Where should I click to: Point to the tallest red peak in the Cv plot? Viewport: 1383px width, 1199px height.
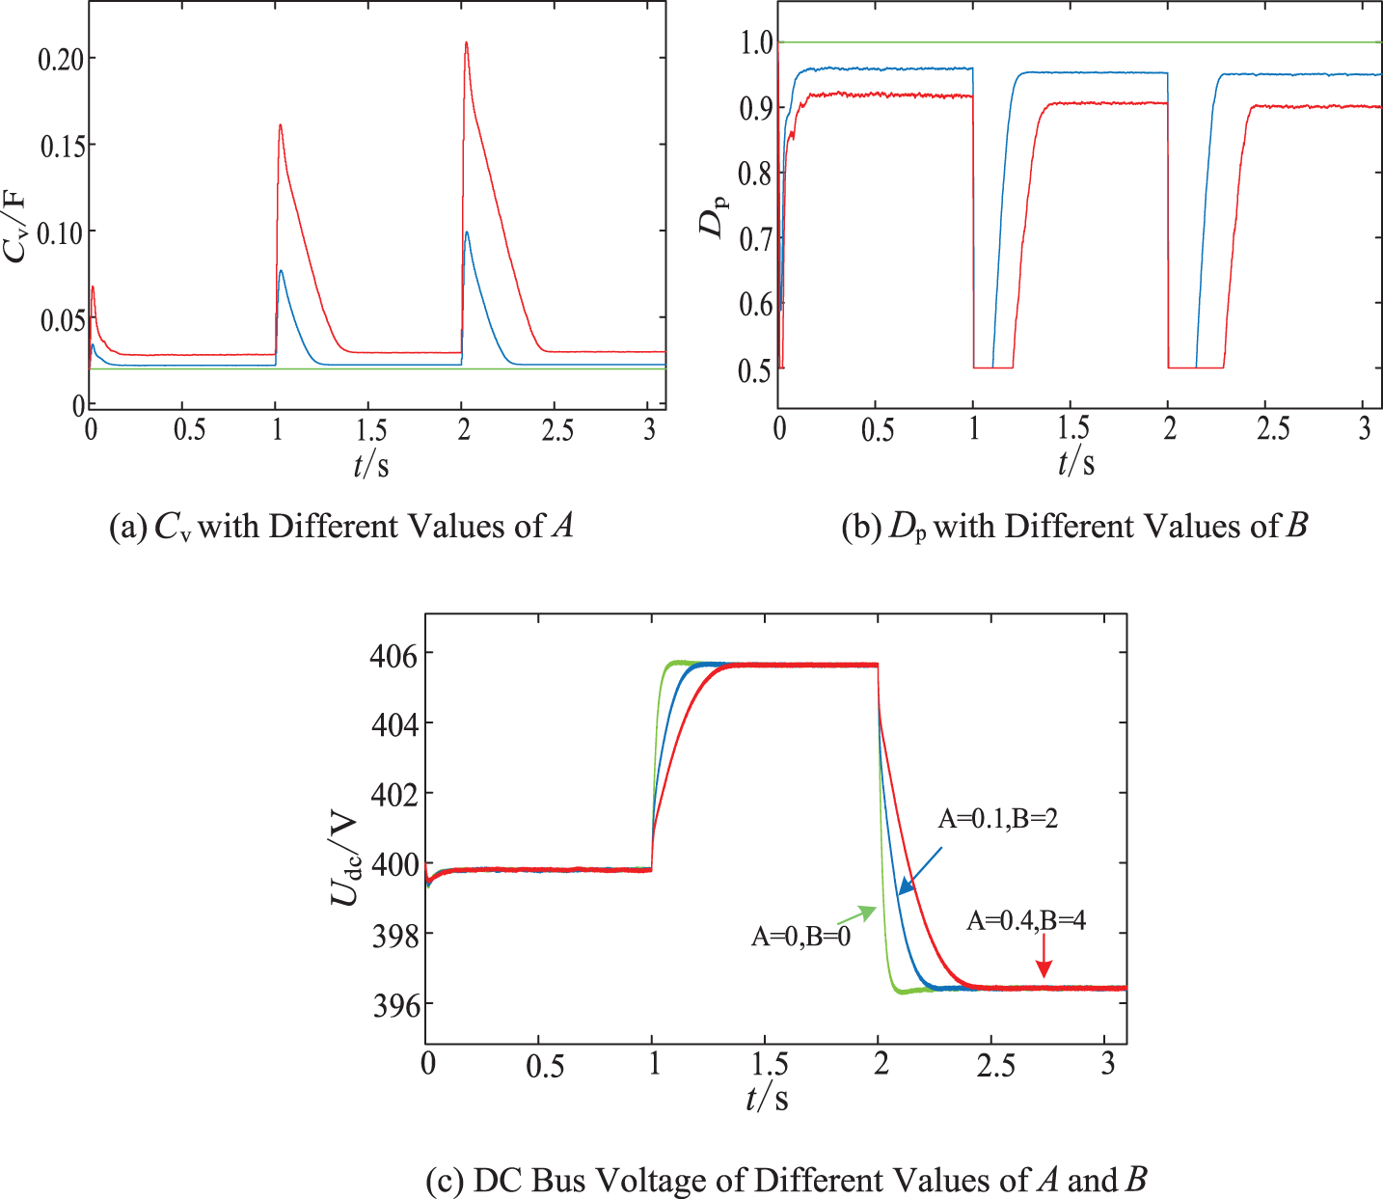coord(466,43)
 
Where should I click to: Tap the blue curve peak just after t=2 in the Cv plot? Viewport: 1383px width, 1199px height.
coord(467,232)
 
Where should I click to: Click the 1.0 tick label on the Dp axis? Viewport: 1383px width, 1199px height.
coord(756,42)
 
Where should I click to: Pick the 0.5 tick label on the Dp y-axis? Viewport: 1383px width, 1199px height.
coord(756,370)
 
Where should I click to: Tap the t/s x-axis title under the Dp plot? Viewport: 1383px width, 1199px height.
coord(1076,462)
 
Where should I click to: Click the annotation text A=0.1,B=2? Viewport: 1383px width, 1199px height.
coord(998,819)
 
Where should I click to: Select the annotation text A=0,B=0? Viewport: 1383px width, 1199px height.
coord(800,936)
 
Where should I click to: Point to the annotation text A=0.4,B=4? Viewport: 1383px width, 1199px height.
coord(1026,921)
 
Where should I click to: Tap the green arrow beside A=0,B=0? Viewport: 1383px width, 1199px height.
coord(857,914)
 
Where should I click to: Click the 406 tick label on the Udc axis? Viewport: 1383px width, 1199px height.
coord(393,655)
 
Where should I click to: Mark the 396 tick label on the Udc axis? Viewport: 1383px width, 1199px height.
coord(393,1005)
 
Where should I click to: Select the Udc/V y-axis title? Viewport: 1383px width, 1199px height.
coord(344,857)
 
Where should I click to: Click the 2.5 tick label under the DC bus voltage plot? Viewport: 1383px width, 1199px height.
coord(996,1065)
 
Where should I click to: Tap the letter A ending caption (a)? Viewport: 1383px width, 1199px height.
coord(563,526)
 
